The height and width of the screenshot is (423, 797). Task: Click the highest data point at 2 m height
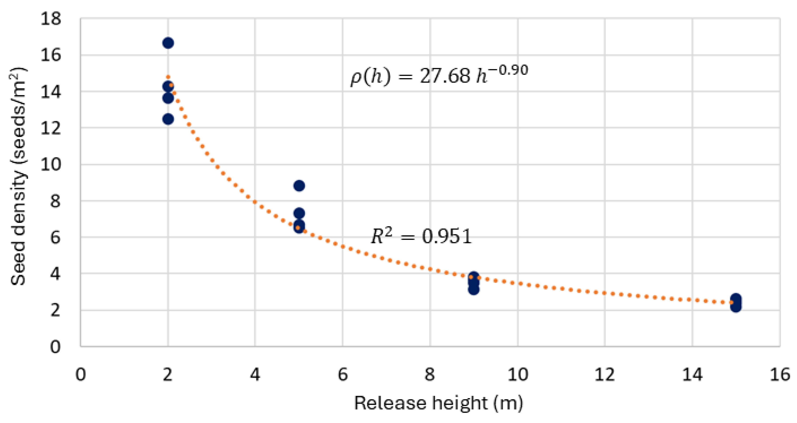point(168,43)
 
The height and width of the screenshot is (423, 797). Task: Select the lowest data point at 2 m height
point(168,119)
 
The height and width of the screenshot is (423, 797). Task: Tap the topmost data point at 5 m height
point(299,186)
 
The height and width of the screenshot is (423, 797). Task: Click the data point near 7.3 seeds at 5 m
point(299,213)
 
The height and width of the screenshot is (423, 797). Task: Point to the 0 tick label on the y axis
point(55,347)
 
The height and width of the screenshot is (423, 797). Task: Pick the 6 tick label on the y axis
point(55,238)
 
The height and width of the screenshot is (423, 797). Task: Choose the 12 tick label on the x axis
point(605,375)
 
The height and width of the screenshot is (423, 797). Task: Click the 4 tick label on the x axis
point(255,375)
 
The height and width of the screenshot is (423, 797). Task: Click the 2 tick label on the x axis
point(168,375)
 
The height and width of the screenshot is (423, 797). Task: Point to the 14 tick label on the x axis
point(692,375)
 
